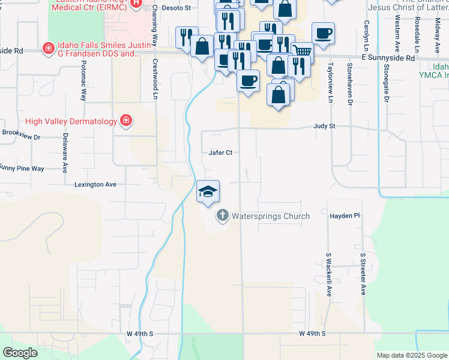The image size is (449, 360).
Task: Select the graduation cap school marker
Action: pyautogui.click(x=208, y=191)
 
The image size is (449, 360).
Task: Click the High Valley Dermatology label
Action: pyautogui.click(x=71, y=121)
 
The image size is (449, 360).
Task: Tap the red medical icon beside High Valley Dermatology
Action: pyautogui.click(x=126, y=121)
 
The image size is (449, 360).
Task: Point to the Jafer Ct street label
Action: pyautogui.click(x=220, y=153)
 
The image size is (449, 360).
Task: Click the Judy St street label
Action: pyautogui.click(x=324, y=127)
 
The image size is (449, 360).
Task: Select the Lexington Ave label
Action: pyautogui.click(x=95, y=185)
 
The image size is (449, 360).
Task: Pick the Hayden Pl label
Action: pyautogui.click(x=345, y=215)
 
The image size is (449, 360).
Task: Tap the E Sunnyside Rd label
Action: pyautogui.click(x=388, y=58)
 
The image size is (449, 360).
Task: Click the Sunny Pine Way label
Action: pyautogui.click(x=22, y=169)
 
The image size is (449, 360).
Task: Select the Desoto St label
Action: pyautogui.click(x=179, y=8)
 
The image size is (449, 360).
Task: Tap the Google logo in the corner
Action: pyautogui.click(x=20, y=353)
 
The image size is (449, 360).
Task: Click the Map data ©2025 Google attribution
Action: pyautogui.click(x=411, y=355)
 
